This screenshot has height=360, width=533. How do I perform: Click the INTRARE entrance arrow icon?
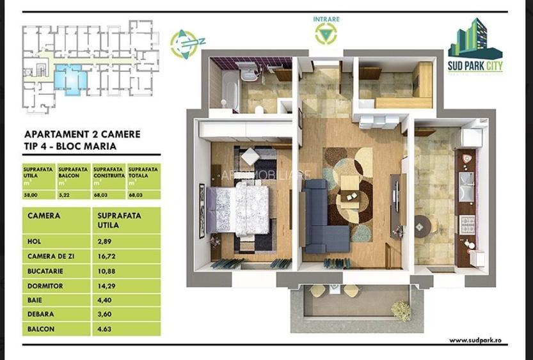[326, 33]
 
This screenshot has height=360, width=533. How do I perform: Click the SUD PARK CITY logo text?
[475, 66]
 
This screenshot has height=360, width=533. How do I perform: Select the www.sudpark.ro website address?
[475, 341]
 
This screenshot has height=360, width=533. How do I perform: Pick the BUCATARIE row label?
[43, 271]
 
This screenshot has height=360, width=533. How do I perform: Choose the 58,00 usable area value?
[31, 195]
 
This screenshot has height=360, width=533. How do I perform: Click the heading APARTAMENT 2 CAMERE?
[82, 135]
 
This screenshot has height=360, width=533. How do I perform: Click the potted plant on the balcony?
[401, 311]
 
